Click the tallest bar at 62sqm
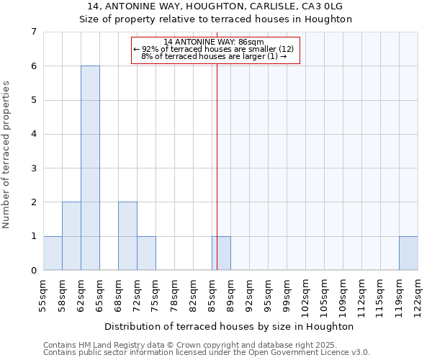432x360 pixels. [90, 168]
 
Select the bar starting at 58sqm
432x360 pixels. [71, 236]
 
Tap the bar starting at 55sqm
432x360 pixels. [53, 253]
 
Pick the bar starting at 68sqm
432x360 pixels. [127, 236]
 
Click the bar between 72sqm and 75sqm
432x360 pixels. [146, 253]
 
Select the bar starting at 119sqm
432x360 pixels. [408, 253]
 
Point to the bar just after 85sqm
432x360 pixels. [221, 253]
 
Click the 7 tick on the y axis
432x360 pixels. [33, 32]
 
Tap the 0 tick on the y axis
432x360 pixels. [33, 271]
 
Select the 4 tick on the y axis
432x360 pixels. [33, 134]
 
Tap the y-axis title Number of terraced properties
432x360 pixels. [7, 155]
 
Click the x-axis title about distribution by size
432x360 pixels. [229, 326]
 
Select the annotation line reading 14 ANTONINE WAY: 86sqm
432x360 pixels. [214, 42]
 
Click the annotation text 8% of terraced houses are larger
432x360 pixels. [214, 56]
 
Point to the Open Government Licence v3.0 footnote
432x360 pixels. [207, 352]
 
